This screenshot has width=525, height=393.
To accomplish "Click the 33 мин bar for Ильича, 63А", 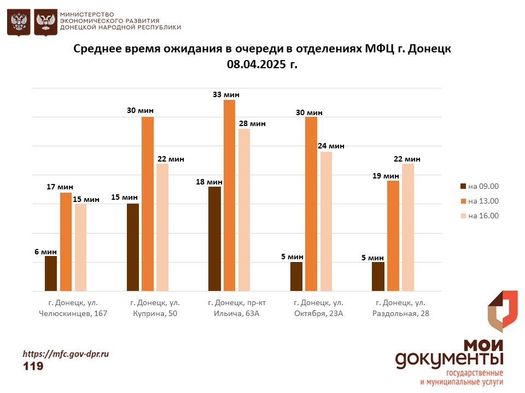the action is click(x=229, y=195).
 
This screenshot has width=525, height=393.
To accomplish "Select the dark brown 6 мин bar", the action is click(x=51, y=273).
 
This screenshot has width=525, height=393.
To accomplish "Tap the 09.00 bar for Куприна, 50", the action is click(x=133, y=247).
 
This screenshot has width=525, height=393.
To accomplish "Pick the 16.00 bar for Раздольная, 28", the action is click(x=408, y=227).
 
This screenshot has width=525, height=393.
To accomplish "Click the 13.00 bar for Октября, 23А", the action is click(x=311, y=204).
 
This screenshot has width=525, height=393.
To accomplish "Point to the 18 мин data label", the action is click(x=209, y=182).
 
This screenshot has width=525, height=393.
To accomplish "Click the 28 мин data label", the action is click(x=252, y=124).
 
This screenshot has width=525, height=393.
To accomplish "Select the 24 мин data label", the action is click(x=331, y=146).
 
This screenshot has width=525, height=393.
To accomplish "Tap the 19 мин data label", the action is click(x=386, y=176).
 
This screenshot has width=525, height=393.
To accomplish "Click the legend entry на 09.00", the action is click(x=480, y=187).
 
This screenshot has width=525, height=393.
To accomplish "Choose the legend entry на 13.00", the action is click(x=480, y=201).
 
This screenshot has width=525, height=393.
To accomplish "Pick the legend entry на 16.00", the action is click(x=480, y=216).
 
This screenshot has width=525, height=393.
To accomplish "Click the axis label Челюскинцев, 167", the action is click(x=73, y=313).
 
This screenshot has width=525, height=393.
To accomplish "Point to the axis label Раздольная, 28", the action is click(x=401, y=313).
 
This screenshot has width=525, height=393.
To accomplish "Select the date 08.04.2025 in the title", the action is click(x=256, y=64).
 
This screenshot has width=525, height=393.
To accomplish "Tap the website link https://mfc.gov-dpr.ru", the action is click(x=66, y=354).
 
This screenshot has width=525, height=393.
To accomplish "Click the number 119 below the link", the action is click(x=33, y=366).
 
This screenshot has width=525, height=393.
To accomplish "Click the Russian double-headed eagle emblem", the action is click(x=19, y=22).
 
